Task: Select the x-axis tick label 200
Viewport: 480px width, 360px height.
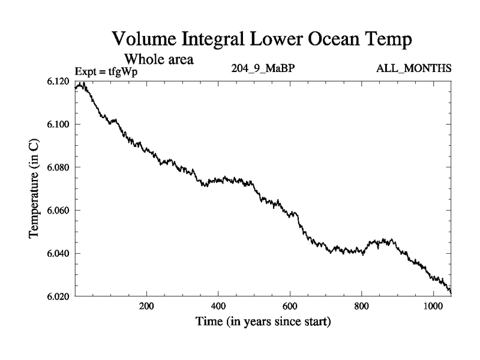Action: coord(146,305)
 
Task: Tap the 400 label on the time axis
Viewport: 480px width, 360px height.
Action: coord(218,305)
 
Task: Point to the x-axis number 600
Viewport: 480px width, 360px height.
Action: coord(290,305)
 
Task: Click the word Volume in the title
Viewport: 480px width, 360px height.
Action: coord(142,40)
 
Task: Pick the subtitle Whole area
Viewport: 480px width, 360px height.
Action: coord(158,59)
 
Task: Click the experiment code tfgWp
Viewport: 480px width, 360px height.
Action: coord(124,71)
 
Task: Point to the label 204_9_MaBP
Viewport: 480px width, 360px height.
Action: coord(263,69)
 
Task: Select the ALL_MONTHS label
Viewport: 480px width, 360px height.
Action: coord(413,69)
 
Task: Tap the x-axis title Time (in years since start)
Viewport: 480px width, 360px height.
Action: coord(263,322)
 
